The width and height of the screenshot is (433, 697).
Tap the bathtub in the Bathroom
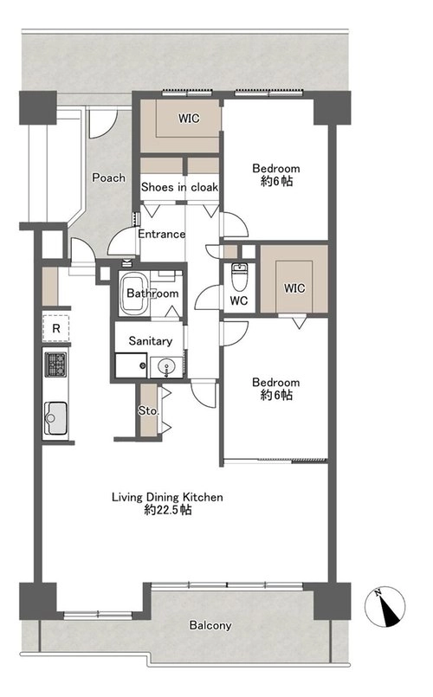(x=134, y=294)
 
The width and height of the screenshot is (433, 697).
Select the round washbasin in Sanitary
(x=167, y=368)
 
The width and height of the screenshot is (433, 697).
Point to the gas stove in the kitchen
(x=55, y=364)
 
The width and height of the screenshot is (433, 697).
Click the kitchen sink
(x=56, y=418)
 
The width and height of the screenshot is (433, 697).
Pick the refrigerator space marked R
(x=56, y=328)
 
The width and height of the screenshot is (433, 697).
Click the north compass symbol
(x=385, y=606)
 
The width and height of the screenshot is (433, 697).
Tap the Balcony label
(x=210, y=625)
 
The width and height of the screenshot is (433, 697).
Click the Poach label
(x=108, y=177)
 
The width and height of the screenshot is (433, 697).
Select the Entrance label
(x=161, y=234)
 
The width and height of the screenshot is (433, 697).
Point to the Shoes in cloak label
(x=179, y=187)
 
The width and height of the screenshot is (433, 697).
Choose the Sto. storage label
(x=148, y=410)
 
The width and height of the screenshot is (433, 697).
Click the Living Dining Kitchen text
(x=167, y=497)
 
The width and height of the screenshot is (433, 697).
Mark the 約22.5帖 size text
(x=168, y=510)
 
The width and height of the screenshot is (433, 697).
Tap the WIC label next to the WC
(x=294, y=288)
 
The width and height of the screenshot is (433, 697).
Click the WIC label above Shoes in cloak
(x=189, y=119)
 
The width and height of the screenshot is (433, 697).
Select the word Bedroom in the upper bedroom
(x=276, y=169)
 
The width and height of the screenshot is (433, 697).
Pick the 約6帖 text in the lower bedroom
(x=276, y=395)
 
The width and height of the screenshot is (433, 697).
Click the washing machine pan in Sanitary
(x=131, y=365)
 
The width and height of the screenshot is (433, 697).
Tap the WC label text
(x=239, y=301)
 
